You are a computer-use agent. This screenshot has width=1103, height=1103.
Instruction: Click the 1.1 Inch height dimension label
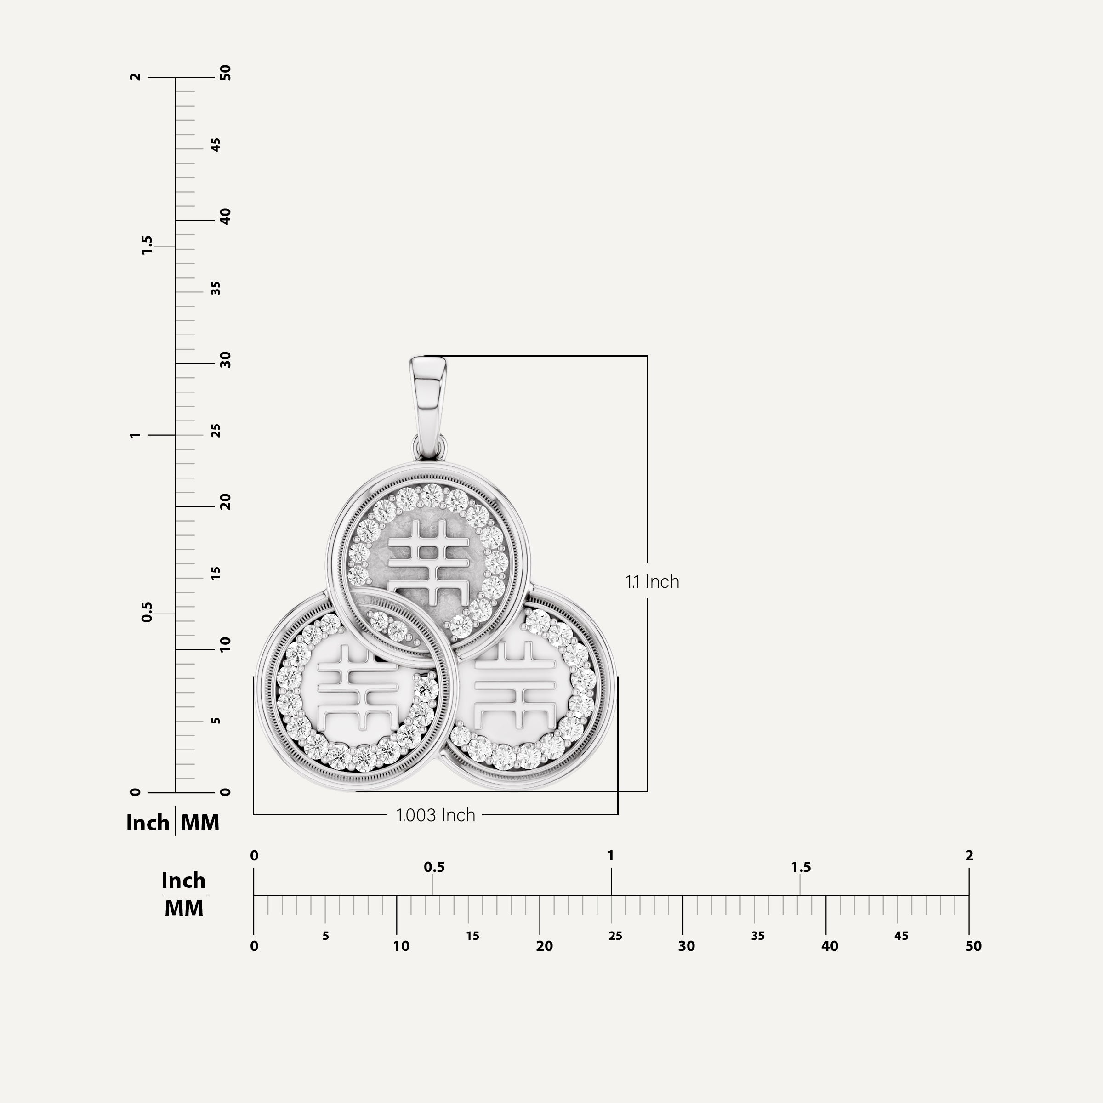(x=652, y=582)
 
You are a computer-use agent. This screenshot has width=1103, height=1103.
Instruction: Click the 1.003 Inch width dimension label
(x=436, y=815)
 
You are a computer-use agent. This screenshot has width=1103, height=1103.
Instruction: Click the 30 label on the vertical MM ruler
(x=226, y=360)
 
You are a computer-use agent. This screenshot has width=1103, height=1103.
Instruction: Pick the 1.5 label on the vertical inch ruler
(x=147, y=245)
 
